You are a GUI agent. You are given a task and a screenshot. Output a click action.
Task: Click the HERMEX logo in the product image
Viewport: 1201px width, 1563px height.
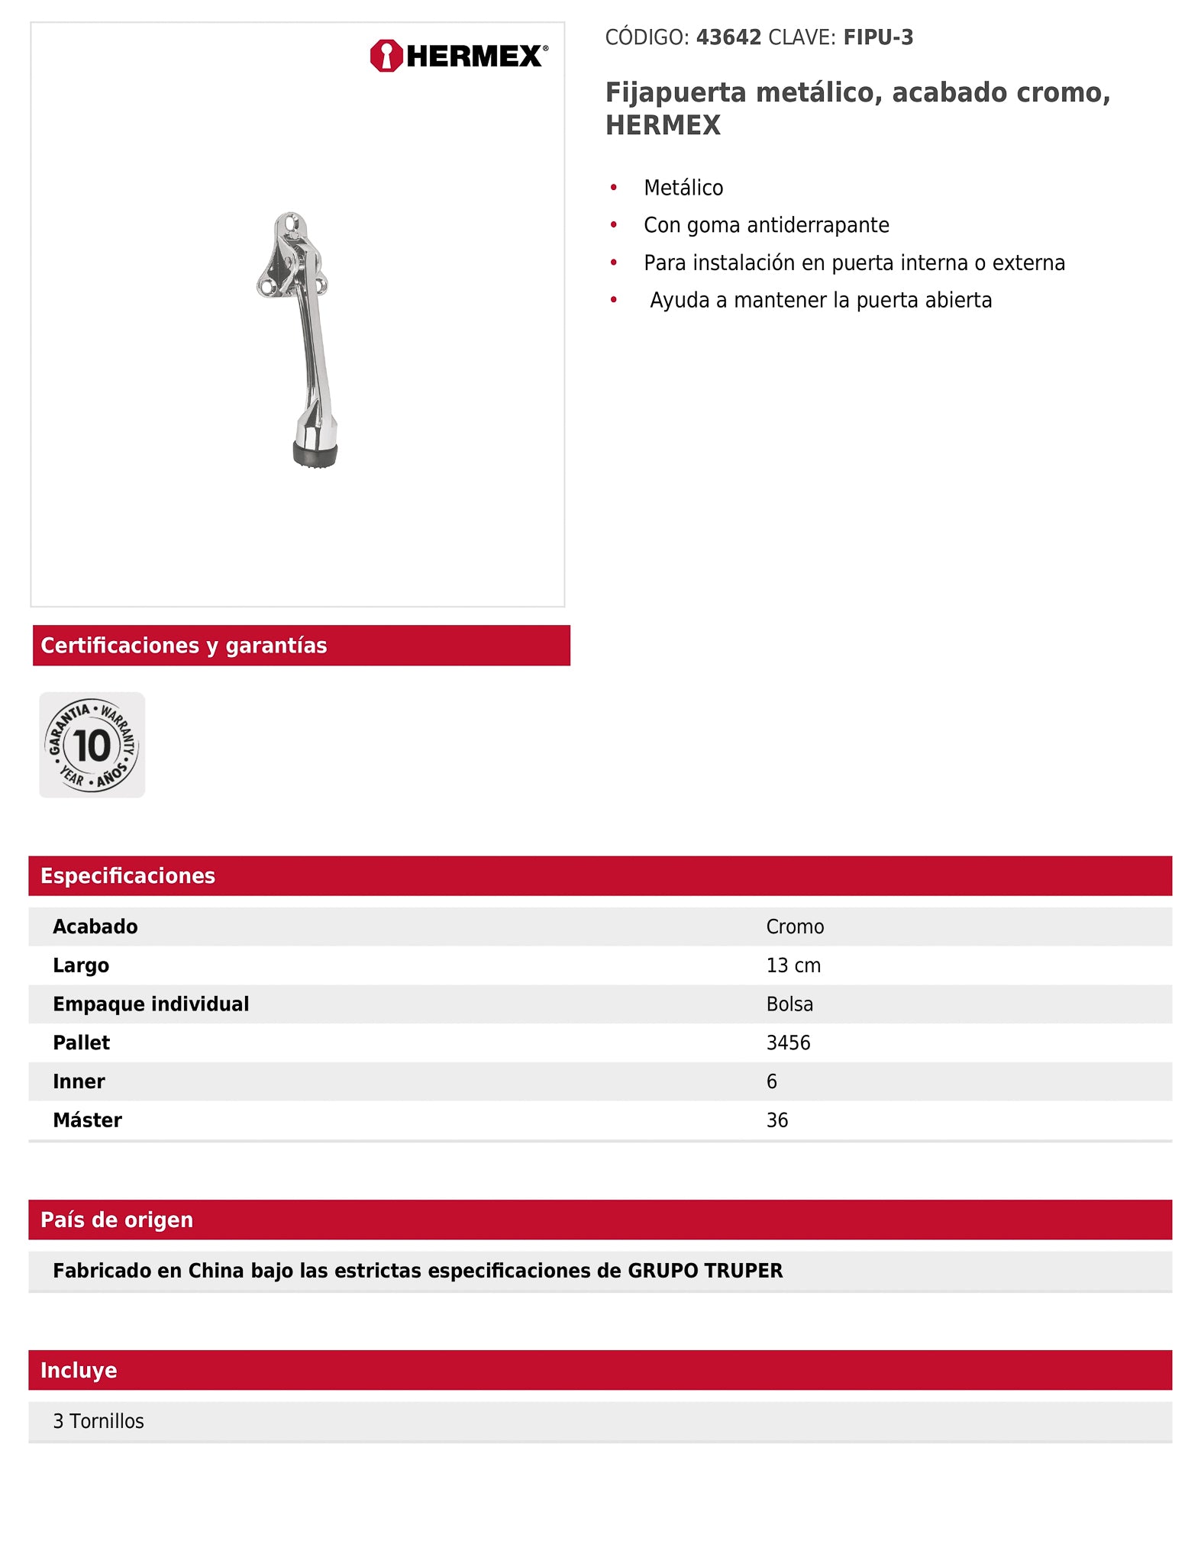point(458,56)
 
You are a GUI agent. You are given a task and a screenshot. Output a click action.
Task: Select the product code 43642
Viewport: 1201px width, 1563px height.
point(728,37)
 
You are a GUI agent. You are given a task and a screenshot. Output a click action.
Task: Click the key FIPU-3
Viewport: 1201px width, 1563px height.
point(878,37)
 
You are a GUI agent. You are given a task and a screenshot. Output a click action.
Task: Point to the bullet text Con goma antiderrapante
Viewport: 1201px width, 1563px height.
point(766,225)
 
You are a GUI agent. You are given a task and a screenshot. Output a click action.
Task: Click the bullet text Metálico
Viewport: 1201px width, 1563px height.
point(683,188)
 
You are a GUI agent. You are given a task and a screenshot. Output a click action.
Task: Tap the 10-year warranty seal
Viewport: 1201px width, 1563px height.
point(92,745)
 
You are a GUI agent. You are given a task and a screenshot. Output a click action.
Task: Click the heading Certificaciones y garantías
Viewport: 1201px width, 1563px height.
point(184,646)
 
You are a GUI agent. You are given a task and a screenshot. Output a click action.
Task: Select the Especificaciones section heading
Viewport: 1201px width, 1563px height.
point(128,875)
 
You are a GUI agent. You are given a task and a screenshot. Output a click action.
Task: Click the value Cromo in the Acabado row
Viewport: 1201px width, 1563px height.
point(795,927)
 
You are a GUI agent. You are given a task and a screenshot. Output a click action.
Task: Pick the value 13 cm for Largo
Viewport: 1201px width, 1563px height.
point(793,965)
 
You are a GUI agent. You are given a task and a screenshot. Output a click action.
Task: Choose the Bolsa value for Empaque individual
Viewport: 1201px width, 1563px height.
point(789,1004)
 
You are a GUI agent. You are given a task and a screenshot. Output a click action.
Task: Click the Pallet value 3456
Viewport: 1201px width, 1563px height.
point(788,1043)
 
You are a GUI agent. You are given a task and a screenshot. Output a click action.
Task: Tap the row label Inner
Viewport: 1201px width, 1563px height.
point(79,1081)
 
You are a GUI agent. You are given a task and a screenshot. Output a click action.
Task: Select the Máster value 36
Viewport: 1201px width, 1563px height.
point(776,1120)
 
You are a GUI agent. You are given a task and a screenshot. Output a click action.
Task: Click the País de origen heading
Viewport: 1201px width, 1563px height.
point(117,1220)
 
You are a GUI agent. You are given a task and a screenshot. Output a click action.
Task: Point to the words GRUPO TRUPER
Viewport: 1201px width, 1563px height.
point(705,1271)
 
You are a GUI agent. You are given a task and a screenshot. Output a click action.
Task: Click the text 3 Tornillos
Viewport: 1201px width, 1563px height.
point(98,1421)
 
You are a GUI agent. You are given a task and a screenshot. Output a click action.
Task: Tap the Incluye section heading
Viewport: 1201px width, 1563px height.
point(79,1370)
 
